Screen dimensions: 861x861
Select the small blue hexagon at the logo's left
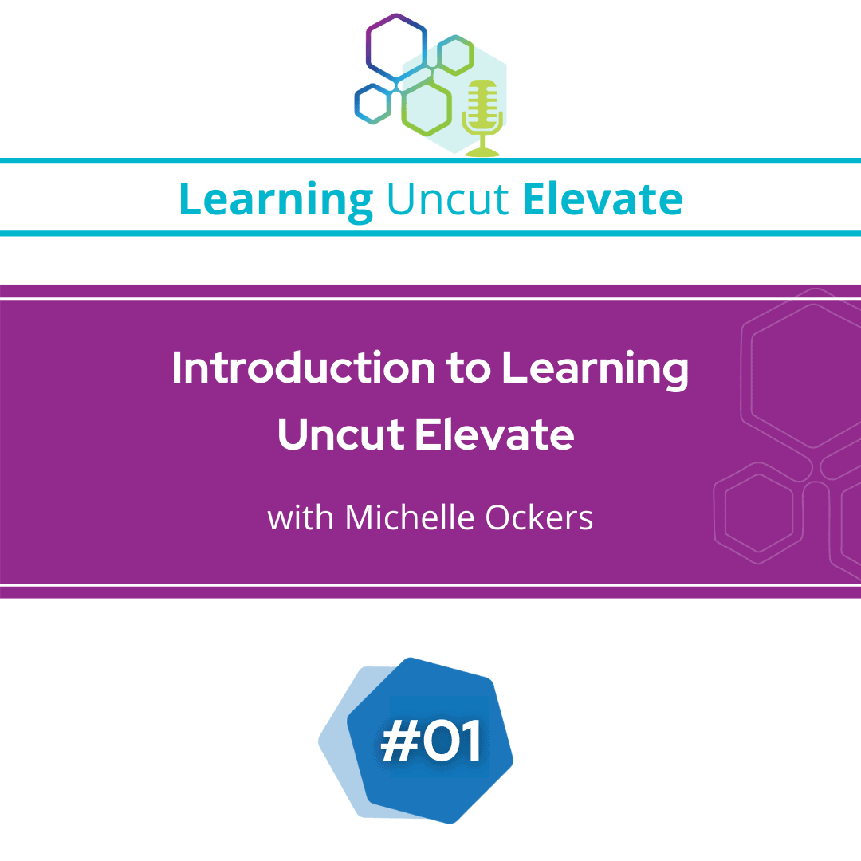[x=372, y=103]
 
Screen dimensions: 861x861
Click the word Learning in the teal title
[x=276, y=199]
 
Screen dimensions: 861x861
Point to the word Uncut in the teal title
[x=447, y=199]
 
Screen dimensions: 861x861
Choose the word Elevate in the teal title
[x=603, y=199]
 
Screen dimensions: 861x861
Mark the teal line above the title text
[x=431, y=161]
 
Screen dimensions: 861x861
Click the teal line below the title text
[x=431, y=234]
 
